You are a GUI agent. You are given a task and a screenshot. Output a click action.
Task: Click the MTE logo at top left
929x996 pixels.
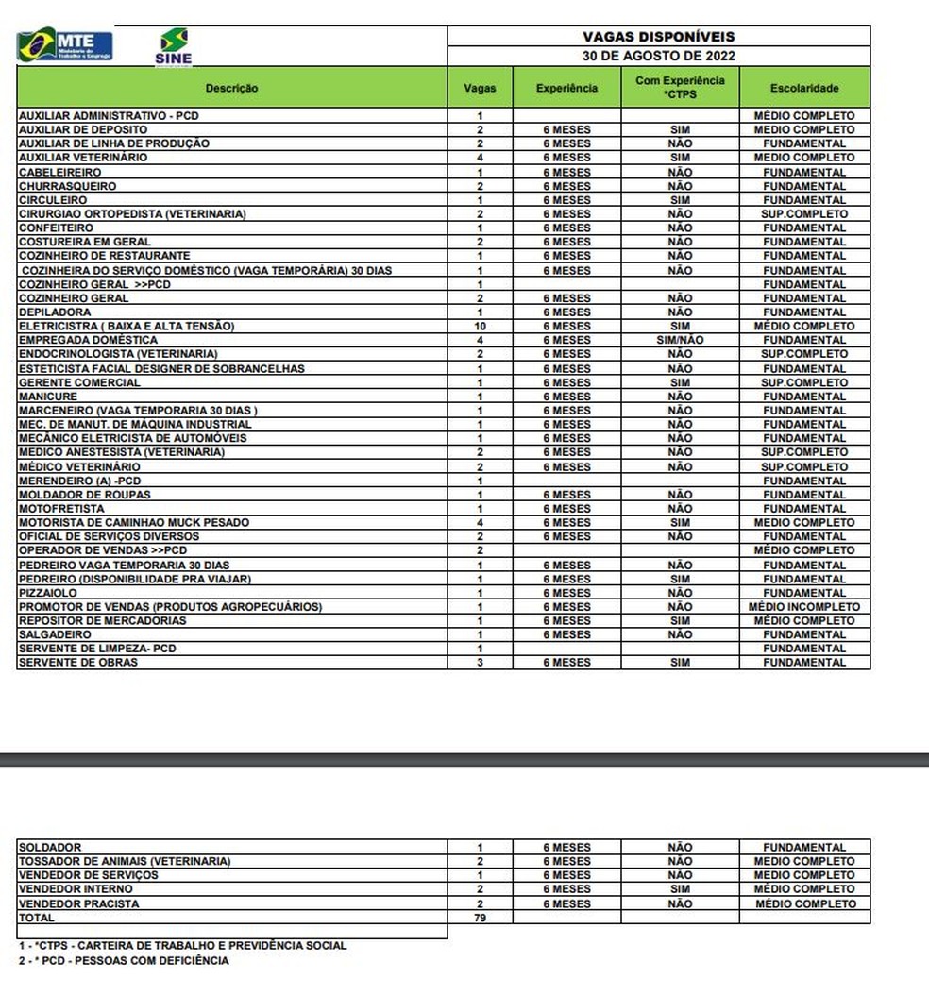65,45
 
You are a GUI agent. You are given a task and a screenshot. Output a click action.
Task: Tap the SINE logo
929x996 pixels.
173,47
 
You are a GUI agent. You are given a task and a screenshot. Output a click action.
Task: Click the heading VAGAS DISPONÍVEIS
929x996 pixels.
658,37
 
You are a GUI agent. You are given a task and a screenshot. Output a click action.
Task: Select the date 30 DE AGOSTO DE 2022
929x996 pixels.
658,55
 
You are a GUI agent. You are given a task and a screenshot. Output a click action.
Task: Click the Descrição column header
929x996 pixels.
231,88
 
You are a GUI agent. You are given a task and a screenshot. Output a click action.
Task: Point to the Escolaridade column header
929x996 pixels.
804,88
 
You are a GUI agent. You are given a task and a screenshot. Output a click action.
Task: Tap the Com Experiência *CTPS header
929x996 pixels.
680,87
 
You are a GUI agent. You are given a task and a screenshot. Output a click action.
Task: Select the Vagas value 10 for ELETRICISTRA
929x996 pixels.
480,326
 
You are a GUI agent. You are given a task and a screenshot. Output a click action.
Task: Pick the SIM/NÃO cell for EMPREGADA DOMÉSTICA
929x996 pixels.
680,340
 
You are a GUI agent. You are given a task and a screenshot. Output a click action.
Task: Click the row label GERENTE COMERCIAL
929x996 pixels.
79,382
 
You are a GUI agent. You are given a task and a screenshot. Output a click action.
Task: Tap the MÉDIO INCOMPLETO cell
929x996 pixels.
804,607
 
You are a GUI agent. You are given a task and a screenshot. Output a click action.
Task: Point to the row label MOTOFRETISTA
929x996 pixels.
61,509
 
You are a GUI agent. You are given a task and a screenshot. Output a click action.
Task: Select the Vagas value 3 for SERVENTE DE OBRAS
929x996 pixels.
480,663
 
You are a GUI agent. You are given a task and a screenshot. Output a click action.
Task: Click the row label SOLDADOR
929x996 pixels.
50,848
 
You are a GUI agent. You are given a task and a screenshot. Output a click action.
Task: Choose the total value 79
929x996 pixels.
480,918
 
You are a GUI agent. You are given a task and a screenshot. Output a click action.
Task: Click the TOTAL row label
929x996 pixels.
37,918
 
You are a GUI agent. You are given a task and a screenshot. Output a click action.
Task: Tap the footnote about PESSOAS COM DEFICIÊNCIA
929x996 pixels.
124,961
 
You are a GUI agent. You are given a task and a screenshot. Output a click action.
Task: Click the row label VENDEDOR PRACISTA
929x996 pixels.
78,903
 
